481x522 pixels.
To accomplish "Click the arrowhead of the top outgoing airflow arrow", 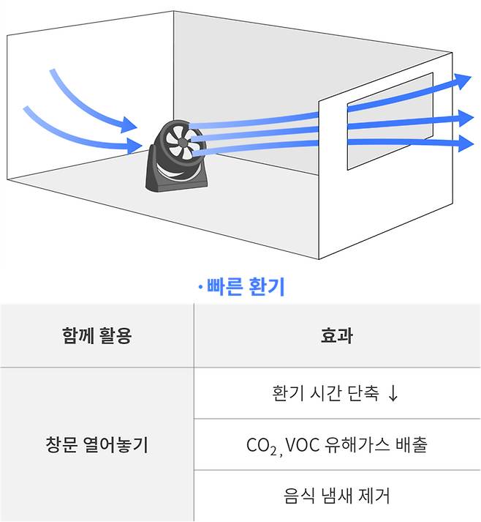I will point(463,81).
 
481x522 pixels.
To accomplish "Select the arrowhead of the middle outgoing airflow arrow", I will point(465,116).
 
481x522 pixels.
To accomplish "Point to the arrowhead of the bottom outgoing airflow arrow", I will point(465,143).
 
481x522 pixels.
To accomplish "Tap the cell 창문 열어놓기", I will point(97,444).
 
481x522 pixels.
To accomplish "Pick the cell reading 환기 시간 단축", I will point(325,393).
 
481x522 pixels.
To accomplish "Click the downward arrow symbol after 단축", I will point(393,393).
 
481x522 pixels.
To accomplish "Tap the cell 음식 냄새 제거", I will point(337,496).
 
